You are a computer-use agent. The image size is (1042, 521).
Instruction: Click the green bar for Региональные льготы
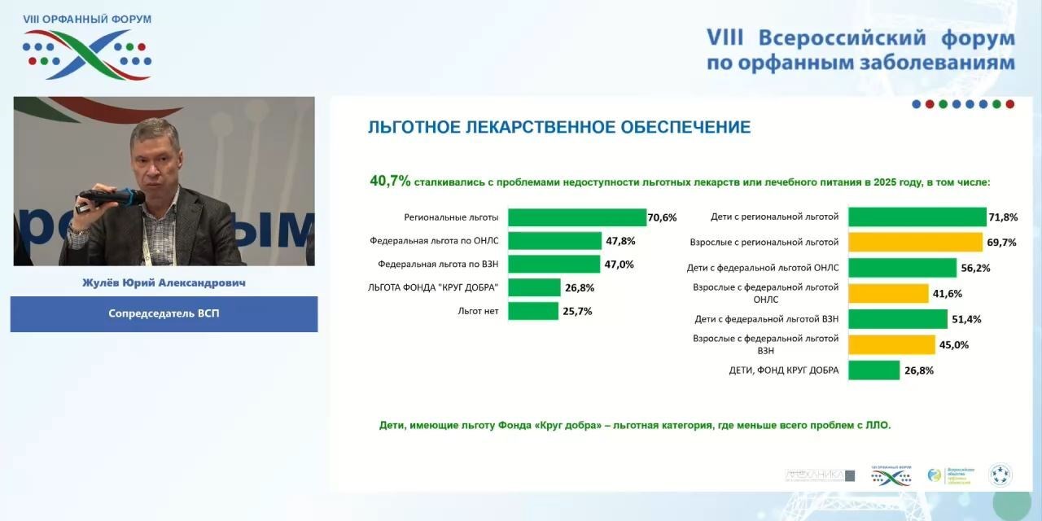coord(576,217)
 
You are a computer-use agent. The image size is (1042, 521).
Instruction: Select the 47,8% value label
coord(619,241)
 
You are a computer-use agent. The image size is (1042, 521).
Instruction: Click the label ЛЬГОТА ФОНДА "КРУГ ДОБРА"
coord(433,287)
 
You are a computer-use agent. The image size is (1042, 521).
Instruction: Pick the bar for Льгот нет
coord(533,311)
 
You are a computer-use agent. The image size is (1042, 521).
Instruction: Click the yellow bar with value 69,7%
coord(915,242)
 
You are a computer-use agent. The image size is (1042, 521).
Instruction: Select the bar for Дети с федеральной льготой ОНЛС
coord(902,267)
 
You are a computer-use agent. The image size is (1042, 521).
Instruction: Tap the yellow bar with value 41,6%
coord(888,293)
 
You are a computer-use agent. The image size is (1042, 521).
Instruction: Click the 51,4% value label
coord(966,319)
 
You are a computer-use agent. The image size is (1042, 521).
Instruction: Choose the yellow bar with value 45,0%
coord(891,344)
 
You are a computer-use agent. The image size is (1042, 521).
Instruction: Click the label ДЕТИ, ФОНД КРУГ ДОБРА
coord(783,370)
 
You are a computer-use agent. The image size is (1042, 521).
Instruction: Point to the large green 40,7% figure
coord(390,182)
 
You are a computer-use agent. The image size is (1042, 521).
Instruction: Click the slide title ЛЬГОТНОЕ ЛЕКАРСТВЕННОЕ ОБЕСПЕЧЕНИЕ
coord(559,128)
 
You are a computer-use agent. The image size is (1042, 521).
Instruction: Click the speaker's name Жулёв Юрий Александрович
coord(164,283)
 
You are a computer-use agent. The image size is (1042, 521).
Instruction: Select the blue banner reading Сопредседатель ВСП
coord(164,313)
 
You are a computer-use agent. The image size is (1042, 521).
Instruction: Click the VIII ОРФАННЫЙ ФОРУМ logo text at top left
coord(87,20)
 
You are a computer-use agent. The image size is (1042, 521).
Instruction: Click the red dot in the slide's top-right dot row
coord(1009,104)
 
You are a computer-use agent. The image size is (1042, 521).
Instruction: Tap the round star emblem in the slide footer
coord(1000,475)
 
